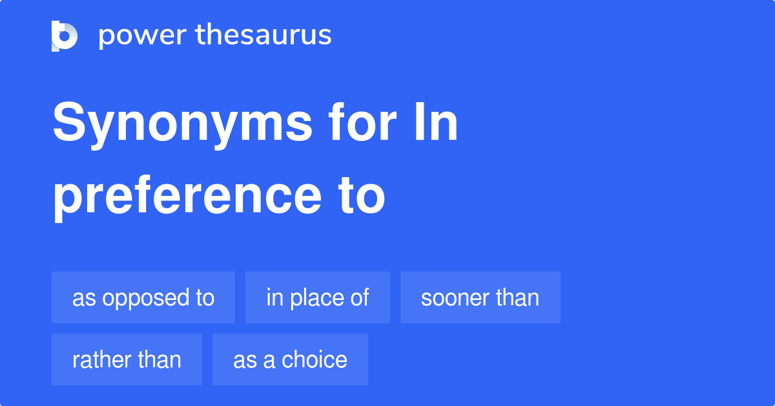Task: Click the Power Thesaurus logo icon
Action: [65, 36]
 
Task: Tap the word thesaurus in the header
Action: [263, 36]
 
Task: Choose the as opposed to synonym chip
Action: [143, 297]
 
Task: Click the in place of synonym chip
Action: [318, 297]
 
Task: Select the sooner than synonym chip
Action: [480, 297]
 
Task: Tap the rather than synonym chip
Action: [127, 359]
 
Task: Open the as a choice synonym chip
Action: [290, 359]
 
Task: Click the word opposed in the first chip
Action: [139, 299]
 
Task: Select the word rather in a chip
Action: [96, 359]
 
